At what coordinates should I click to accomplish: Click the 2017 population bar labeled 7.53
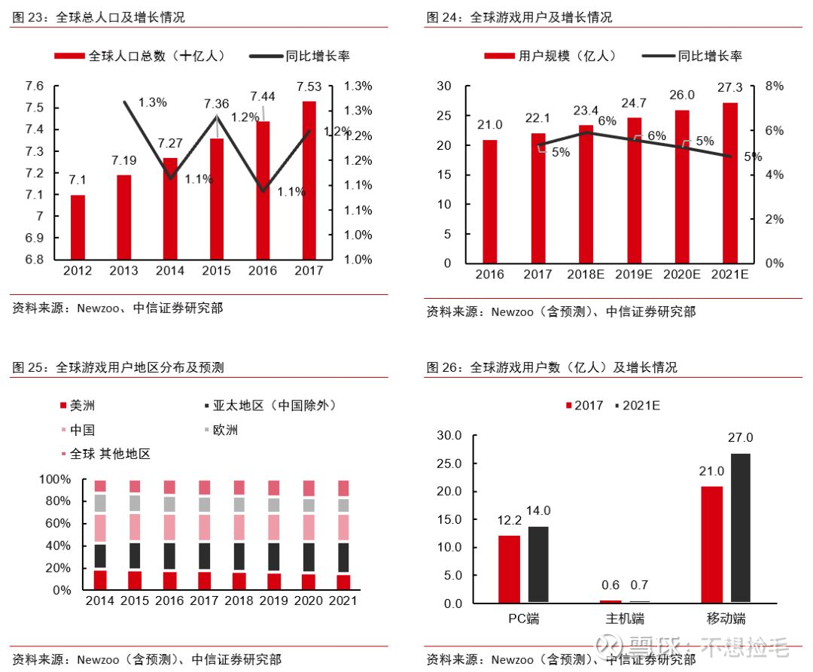click(309, 181)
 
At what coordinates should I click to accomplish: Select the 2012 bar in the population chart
click(78, 227)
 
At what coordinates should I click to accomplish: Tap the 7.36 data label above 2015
click(216, 104)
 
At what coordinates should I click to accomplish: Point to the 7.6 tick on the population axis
click(35, 86)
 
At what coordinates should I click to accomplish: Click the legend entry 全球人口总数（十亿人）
click(140, 56)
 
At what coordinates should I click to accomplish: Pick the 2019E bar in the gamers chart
click(634, 190)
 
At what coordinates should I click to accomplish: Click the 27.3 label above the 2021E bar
click(729, 87)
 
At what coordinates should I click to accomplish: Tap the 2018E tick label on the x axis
click(586, 274)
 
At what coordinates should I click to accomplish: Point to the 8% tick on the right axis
click(774, 86)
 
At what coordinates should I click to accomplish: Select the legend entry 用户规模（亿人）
click(550, 56)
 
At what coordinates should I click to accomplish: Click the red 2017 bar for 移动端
click(711, 545)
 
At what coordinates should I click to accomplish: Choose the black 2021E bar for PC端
click(538, 564)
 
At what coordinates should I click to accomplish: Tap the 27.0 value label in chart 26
click(741, 438)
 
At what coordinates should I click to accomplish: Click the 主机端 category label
click(625, 619)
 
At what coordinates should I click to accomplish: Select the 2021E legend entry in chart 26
click(638, 406)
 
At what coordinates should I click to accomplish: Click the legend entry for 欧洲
click(221, 430)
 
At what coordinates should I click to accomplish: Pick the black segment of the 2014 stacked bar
click(100, 556)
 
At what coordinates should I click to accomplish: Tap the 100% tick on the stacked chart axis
click(55, 479)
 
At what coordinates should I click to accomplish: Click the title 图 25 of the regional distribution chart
click(118, 367)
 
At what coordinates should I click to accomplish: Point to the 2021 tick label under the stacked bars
click(343, 601)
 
